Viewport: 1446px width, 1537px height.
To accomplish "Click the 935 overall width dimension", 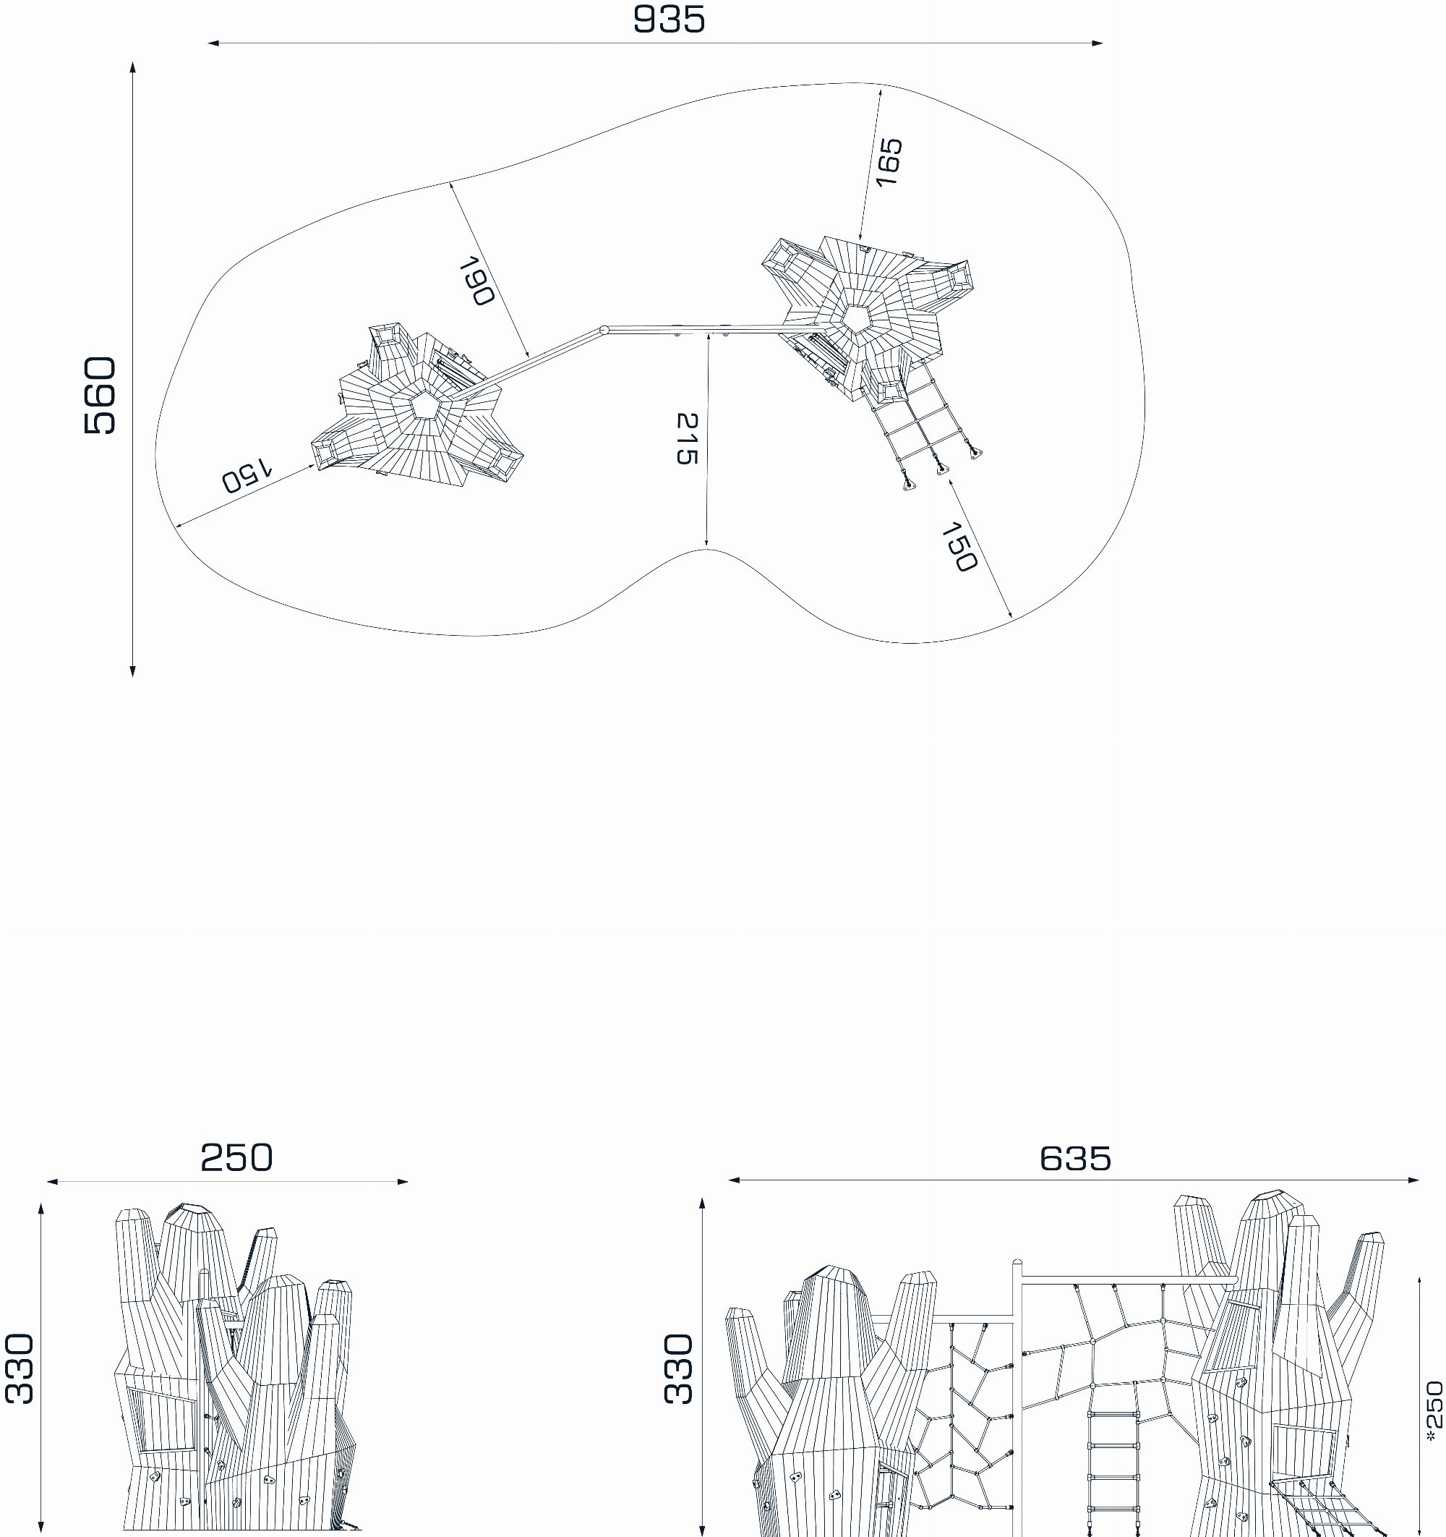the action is tap(669, 20).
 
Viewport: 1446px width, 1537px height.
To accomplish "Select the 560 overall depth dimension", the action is tap(100, 395).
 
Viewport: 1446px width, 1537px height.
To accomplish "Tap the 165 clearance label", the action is tap(889, 161).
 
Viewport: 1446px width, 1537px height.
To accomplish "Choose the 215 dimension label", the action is tap(686, 438).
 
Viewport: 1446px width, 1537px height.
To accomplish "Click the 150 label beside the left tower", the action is tap(247, 475).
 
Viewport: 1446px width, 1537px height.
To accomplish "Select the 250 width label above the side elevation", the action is tap(236, 1157).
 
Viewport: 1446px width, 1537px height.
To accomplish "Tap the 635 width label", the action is tap(1075, 1158).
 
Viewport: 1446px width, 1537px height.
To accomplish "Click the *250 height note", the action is tap(1434, 1415).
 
